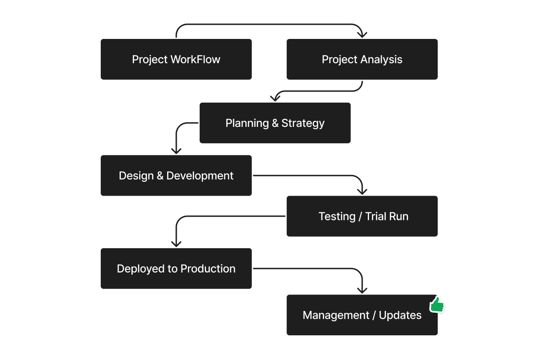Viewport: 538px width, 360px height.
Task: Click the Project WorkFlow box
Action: pyautogui.click(x=176, y=60)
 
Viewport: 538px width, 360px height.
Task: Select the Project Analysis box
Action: pyautogui.click(x=362, y=60)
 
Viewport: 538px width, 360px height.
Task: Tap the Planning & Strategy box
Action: pyautogui.click(x=275, y=123)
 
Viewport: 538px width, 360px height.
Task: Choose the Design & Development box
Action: pyautogui.click(x=176, y=176)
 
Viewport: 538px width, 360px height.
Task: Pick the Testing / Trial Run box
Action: pyautogui.click(x=362, y=216)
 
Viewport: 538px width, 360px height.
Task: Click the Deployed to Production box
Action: pyautogui.click(x=176, y=269)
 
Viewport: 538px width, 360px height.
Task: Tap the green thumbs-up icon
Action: pyautogui.click(x=437, y=305)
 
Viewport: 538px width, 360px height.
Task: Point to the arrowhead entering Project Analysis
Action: pyautogui.click(x=362, y=34)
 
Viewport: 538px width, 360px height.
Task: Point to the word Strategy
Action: pyautogui.click(x=303, y=123)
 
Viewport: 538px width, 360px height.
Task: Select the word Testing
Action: pyautogui.click(x=337, y=216)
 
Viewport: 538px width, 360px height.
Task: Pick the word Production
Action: pyautogui.click(x=208, y=269)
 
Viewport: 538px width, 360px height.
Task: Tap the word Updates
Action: pyautogui.click(x=400, y=316)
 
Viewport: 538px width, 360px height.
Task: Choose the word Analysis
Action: pyautogui.click(x=381, y=60)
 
